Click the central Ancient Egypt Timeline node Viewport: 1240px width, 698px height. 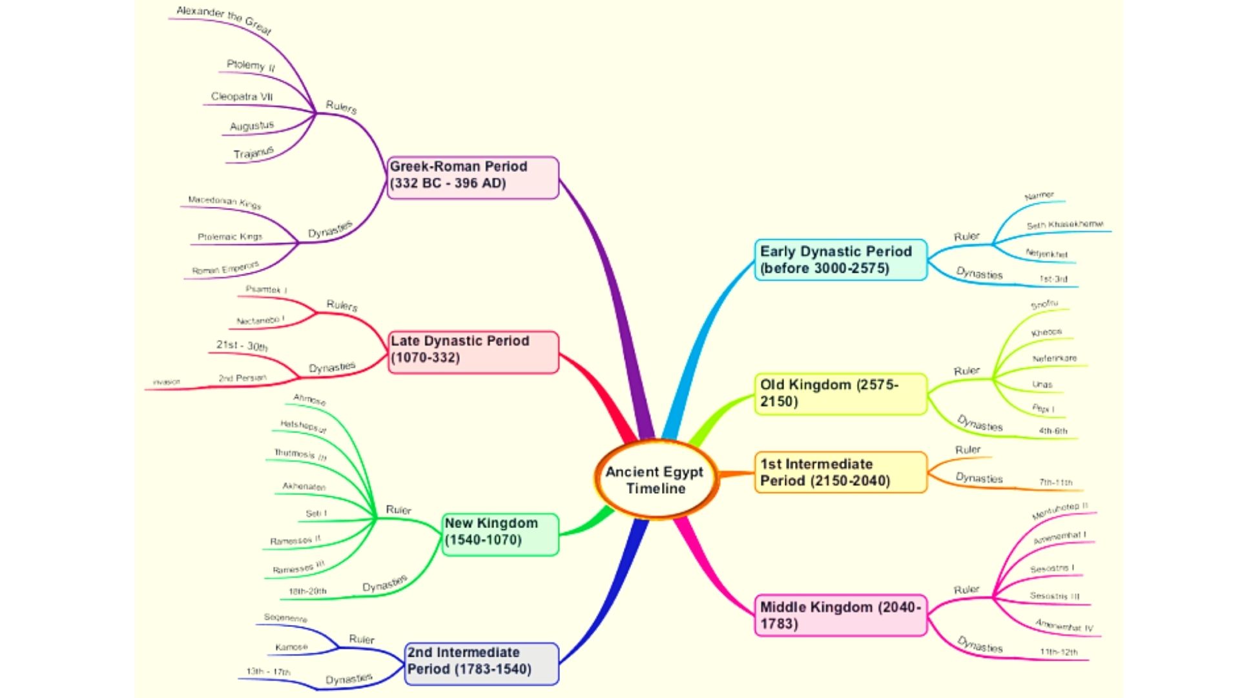[655, 480]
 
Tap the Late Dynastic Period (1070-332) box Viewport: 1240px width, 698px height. [473, 351]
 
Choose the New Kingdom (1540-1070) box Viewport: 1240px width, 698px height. [500, 533]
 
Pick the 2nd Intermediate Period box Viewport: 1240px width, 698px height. [480, 662]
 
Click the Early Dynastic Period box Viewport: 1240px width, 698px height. [840, 260]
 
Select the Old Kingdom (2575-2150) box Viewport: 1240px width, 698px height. [840, 394]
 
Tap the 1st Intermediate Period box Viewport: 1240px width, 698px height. [840, 472]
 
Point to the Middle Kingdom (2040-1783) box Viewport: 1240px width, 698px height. [840, 615]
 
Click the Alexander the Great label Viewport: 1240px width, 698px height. [224, 20]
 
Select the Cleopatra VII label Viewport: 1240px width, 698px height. [242, 97]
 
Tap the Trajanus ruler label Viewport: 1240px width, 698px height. [253, 153]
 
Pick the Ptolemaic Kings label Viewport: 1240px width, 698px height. [230, 237]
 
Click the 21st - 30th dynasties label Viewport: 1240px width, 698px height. [242, 346]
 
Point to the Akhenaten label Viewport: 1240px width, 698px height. [304, 486]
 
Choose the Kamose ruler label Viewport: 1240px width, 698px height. [291, 647]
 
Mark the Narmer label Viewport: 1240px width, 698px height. [1039, 195]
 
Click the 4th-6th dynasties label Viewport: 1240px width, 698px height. [1053, 431]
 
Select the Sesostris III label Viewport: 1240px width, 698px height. [1054, 596]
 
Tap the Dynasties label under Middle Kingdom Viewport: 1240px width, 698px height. [980, 645]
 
